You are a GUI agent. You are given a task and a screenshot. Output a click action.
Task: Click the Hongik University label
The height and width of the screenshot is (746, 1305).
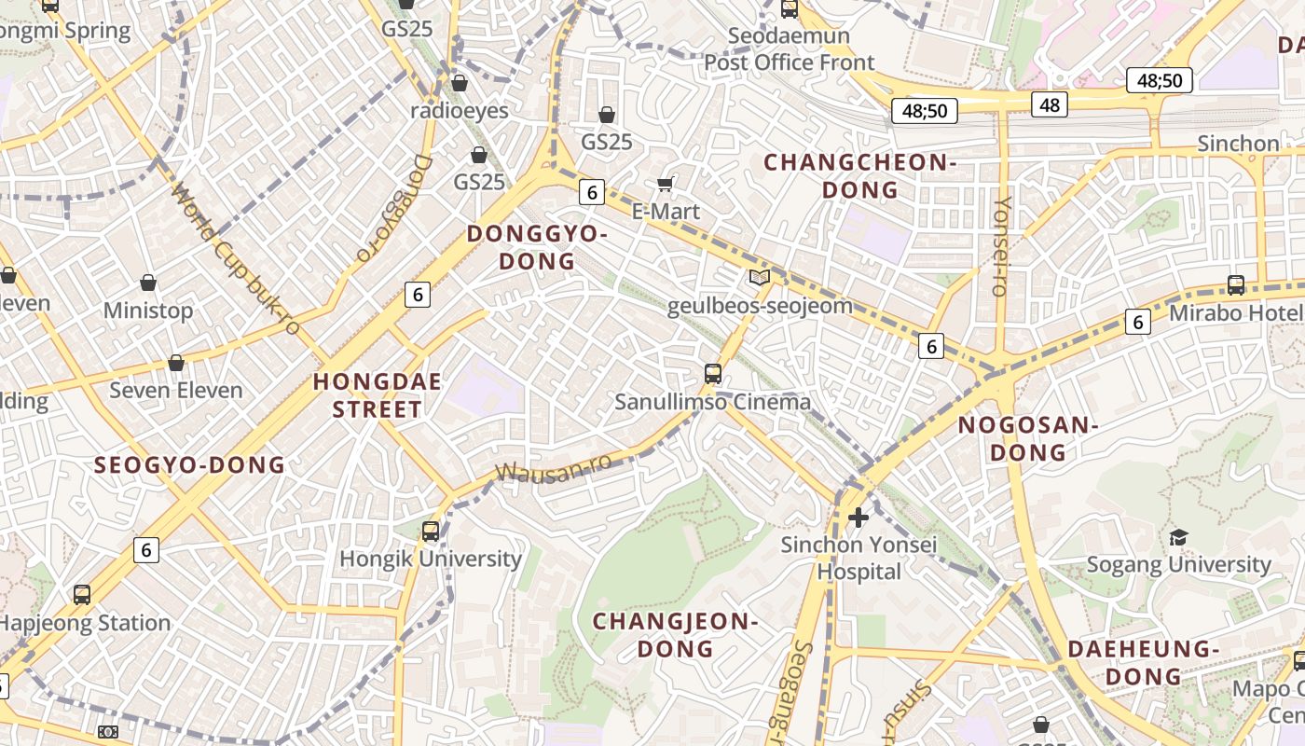tap(430, 559)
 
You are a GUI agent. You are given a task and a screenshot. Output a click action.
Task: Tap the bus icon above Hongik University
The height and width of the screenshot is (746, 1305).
tap(430, 532)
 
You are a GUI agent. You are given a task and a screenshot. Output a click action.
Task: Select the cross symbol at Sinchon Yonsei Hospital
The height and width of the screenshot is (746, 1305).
tap(859, 517)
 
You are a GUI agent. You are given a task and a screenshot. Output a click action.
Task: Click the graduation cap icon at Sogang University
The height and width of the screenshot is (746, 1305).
tap(1178, 537)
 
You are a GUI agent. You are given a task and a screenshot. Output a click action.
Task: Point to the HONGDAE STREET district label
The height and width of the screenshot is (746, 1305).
tap(378, 395)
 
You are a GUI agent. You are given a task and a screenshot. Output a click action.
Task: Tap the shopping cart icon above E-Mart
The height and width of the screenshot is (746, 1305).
tap(666, 184)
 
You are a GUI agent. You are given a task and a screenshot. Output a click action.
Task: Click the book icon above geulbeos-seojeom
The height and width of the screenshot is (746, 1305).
tap(760, 277)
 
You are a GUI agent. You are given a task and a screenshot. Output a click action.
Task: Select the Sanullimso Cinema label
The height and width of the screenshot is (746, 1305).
tap(712, 402)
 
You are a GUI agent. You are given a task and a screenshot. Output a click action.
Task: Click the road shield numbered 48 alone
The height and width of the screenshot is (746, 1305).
tap(1049, 104)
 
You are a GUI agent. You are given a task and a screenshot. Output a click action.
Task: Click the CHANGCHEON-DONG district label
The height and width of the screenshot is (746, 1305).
tap(859, 176)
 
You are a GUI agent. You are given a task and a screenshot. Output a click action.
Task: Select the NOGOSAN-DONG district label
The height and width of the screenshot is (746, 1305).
tap(1027, 439)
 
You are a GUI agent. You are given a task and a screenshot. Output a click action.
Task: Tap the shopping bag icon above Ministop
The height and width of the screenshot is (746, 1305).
tap(147, 283)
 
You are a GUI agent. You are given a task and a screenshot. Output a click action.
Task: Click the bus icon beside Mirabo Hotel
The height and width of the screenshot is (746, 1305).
tap(1236, 285)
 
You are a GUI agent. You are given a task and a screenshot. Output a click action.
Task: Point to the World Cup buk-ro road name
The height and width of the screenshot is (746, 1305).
tap(236, 259)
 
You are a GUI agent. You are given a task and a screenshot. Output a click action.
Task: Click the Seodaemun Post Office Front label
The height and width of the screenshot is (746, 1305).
tap(789, 49)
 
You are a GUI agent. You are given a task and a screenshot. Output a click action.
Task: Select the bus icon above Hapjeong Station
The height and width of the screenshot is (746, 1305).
tap(82, 594)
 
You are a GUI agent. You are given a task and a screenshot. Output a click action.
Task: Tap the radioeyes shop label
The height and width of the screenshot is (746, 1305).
tap(460, 111)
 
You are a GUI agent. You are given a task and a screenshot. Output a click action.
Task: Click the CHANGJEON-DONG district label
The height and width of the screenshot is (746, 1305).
tap(676, 634)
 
